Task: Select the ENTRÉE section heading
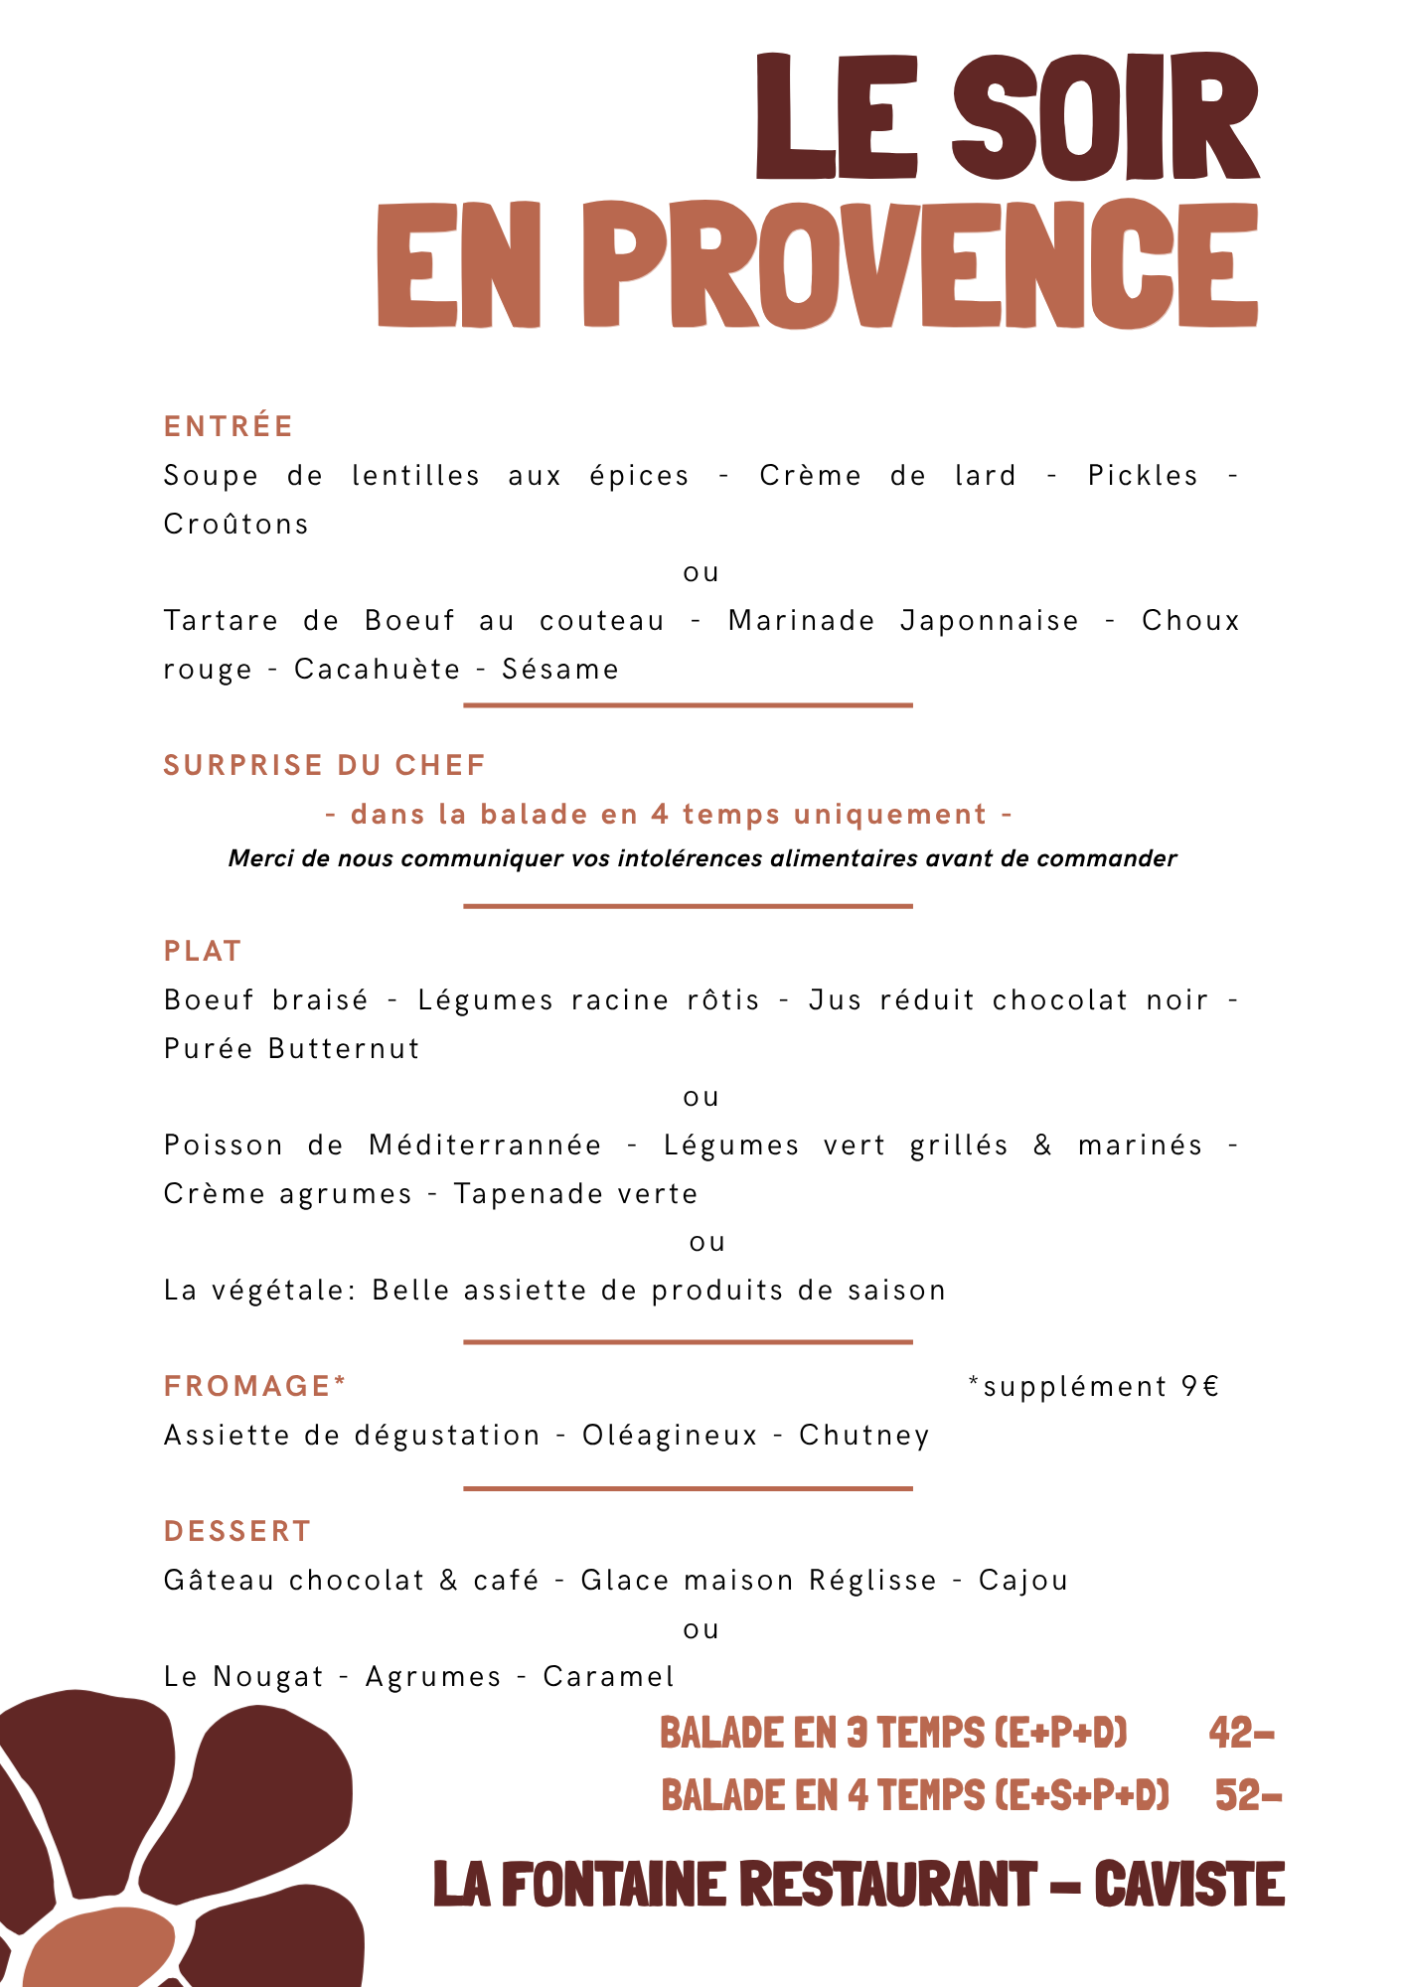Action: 229,427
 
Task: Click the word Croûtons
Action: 236,525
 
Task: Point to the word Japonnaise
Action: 989,621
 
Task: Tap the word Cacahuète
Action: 377,670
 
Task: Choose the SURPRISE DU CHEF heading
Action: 324,766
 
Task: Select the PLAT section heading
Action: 203,952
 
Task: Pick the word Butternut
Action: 344,1049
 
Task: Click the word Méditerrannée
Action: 485,1146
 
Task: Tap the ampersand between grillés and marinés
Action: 1042,1146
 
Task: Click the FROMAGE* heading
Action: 255,1386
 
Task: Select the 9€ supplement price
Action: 1200,1387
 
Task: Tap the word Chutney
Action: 864,1436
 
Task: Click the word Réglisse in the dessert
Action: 872,1581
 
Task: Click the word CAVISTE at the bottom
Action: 1189,1885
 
